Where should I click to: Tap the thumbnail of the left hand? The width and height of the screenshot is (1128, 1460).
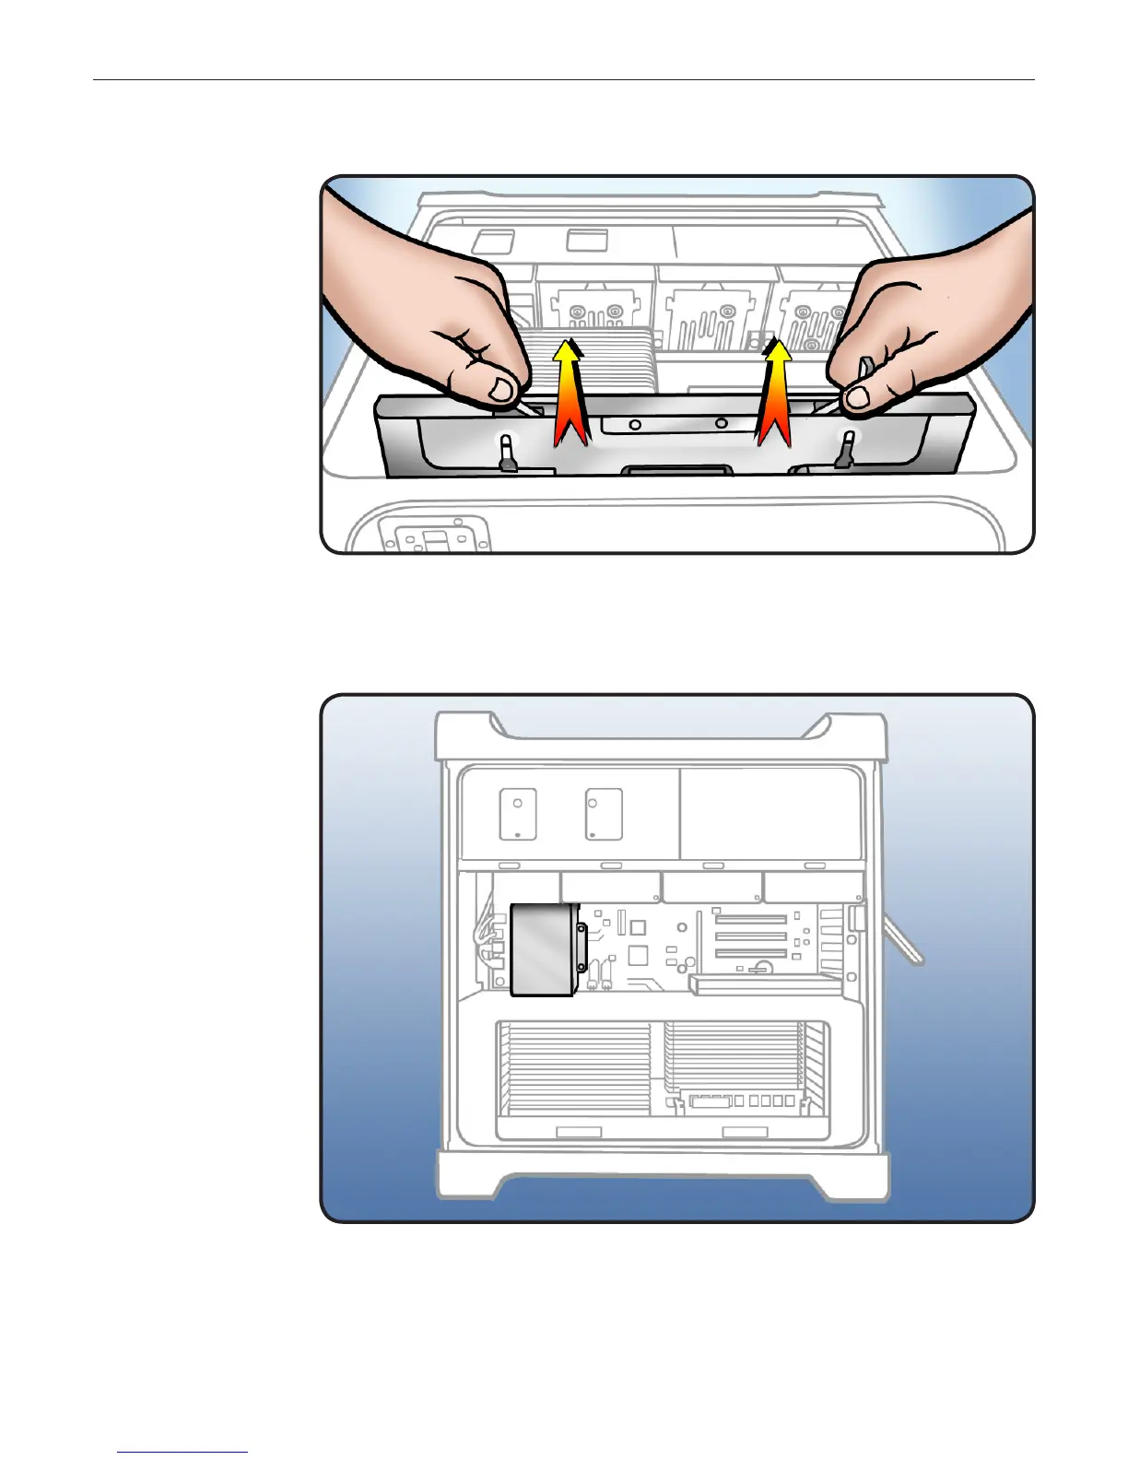[x=502, y=389]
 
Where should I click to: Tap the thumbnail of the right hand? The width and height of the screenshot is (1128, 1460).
[x=858, y=397]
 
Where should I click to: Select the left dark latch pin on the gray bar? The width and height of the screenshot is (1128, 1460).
[x=506, y=453]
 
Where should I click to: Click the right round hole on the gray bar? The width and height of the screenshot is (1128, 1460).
[x=721, y=424]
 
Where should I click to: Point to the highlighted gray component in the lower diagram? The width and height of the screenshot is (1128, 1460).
[x=543, y=949]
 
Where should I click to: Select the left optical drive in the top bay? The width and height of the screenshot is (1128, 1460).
[x=518, y=814]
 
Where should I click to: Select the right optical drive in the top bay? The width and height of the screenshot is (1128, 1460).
[x=604, y=814]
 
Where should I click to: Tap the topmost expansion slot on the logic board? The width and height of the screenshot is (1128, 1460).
[x=751, y=919]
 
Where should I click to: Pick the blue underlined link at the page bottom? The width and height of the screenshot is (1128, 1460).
[x=182, y=1453]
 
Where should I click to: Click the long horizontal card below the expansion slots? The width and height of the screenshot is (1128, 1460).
[x=765, y=985]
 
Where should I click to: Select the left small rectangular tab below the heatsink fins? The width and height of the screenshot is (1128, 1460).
[x=579, y=1132]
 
